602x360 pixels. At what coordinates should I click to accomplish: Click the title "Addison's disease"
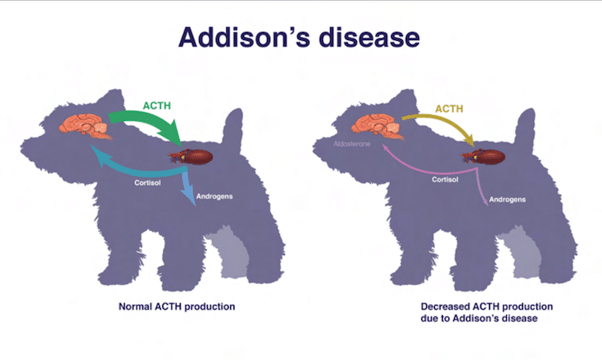pyautogui.click(x=301, y=38)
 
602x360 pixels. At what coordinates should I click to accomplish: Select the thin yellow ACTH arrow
pyautogui.click(x=448, y=122)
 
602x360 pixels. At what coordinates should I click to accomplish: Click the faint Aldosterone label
pyautogui.click(x=353, y=147)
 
